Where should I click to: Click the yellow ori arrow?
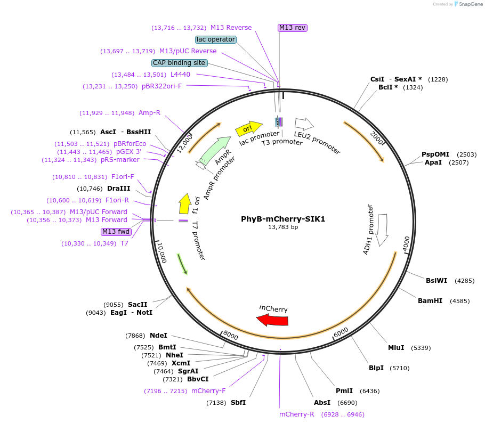click(248, 128)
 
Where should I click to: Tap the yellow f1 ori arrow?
click(185, 203)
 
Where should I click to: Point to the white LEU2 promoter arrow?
click(304, 124)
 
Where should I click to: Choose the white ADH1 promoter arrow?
click(382, 230)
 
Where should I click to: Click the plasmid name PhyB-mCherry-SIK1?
click(282, 219)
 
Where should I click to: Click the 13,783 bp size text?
click(282, 227)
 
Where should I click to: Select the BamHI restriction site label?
click(430, 301)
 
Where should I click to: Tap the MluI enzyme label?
click(396, 348)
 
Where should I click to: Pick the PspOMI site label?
click(435, 154)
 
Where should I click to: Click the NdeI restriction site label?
click(158, 336)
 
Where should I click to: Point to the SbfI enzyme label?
click(238, 403)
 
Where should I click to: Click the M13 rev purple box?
click(293, 28)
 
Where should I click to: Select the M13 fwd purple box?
click(116, 232)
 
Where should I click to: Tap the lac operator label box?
click(216, 39)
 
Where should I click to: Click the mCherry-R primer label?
click(297, 414)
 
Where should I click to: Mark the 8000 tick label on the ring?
click(231, 336)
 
